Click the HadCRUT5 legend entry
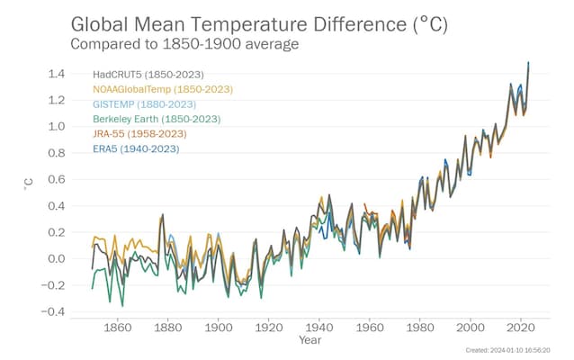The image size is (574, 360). pyautogui.click(x=148, y=75)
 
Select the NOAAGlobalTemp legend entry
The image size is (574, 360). pyautogui.click(x=163, y=89)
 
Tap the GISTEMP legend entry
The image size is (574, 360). pyautogui.click(x=144, y=104)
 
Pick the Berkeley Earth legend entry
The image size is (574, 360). pyautogui.click(x=157, y=119)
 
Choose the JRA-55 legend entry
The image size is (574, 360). pyautogui.click(x=139, y=134)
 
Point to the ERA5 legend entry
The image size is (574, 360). pyautogui.click(x=136, y=149)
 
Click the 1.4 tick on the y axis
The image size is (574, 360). pyautogui.click(x=56, y=74)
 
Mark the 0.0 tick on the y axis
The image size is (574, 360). pyautogui.click(x=56, y=258)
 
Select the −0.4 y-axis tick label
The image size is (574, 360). pyautogui.click(x=53, y=311)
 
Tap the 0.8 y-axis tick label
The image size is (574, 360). pyautogui.click(x=56, y=153)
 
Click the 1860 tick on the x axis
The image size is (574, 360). pyautogui.click(x=117, y=327)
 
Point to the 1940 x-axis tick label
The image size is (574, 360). pyautogui.click(x=318, y=327)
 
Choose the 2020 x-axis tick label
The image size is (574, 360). pyautogui.click(x=521, y=327)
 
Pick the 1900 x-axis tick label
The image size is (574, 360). pyautogui.click(x=219, y=327)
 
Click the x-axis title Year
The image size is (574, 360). pyautogui.click(x=310, y=340)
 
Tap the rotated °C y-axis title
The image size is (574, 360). pyautogui.click(x=28, y=184)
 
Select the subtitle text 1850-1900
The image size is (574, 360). pyautogui.click(x=202, y=44)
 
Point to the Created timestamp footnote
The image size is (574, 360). pyautogui.click(x=507, y=350)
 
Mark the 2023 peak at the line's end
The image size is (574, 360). pyautogui.click(x=528, y=63)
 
